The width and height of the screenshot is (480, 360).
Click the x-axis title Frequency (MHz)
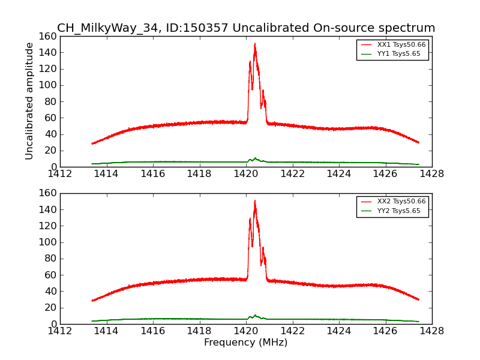click(x=245, y=343)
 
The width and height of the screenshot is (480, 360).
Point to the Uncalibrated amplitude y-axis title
click(x=30, y=101)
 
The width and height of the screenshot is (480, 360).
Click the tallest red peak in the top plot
click(x=254, y=44)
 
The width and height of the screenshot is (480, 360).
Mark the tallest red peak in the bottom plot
click(x=254, y=202)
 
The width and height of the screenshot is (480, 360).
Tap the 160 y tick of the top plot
click(x=49, y=36)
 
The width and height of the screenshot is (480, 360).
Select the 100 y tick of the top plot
click(x=49, y=85)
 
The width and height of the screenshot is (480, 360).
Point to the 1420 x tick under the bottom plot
click(x=245, y=331)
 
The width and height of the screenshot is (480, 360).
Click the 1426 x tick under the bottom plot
click(x=385, y=331)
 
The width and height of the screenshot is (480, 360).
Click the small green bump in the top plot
click(x=255, y=158)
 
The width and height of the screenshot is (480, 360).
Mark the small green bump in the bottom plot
click(x=255, y=315)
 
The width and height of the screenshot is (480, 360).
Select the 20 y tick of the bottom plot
click(x=51, y=308)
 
